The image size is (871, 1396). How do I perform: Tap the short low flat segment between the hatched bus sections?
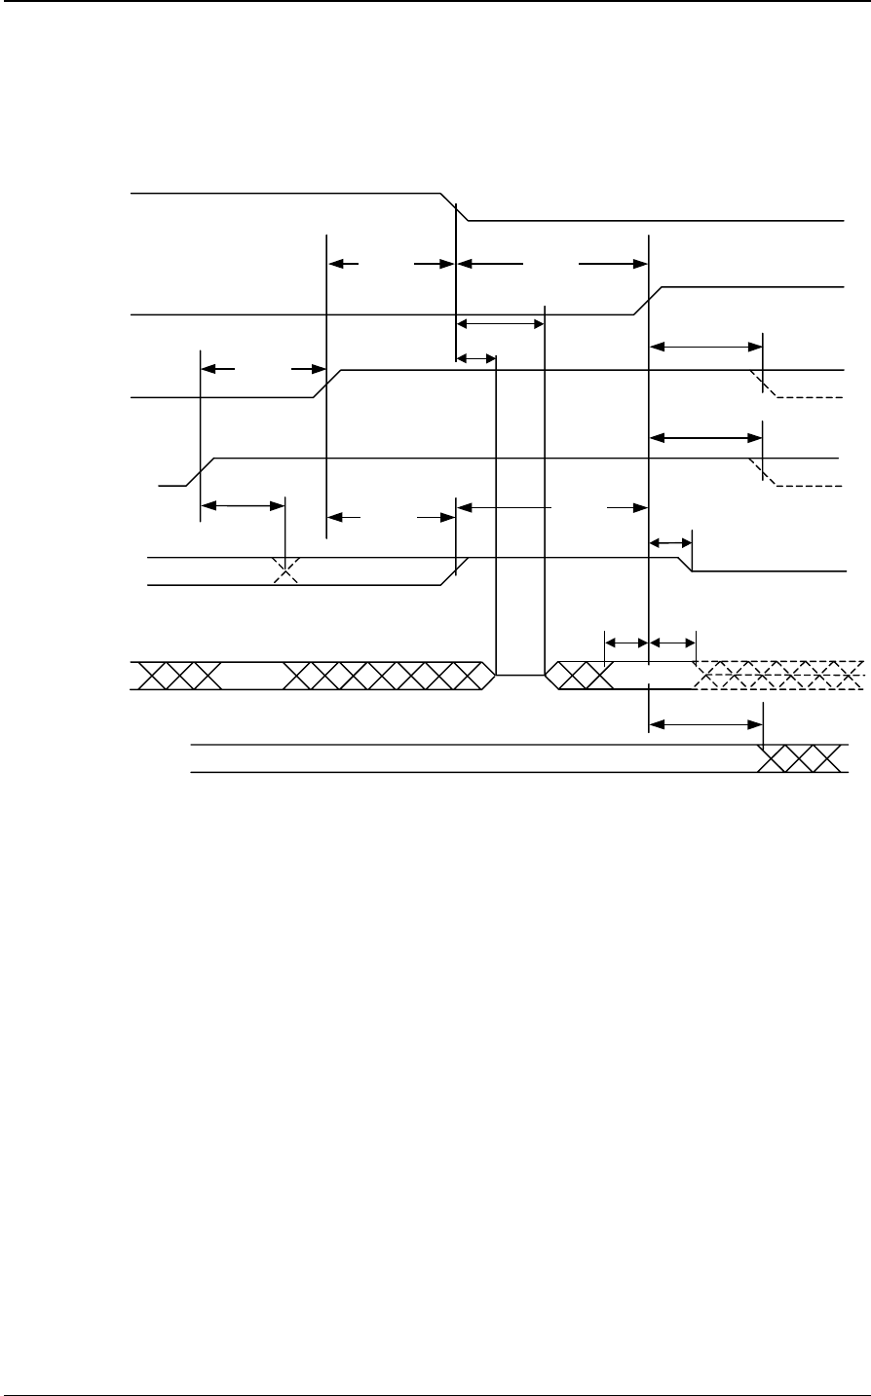tap(520, 674)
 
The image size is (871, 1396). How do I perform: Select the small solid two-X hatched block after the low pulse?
tap(581, 675)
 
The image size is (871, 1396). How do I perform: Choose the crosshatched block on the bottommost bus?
tap(799, 758)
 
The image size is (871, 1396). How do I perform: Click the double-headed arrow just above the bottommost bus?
tap(705, 723)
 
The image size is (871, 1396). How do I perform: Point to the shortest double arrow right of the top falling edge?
tap(476, 358)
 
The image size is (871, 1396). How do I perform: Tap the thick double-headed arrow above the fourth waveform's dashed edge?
tap(705, 438)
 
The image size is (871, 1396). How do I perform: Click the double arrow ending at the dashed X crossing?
tap(243, 505)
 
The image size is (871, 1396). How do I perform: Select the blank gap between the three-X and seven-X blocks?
tap(252, 675)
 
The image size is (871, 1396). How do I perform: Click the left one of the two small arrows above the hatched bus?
tap(626, 642)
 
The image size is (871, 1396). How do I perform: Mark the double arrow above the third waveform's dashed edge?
tap(705, 346)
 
